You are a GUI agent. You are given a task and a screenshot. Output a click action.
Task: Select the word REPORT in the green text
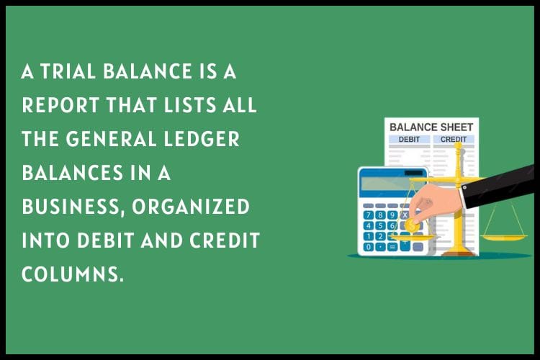coord(60,105)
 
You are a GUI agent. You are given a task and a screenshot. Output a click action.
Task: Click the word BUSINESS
coord(73,207)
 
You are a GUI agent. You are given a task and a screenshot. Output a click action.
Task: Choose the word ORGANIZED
coord(191,207)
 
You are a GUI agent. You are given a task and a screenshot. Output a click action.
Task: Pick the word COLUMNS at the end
coord(73,274)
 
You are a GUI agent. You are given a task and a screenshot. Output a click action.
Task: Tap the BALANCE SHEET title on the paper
coord(431,127)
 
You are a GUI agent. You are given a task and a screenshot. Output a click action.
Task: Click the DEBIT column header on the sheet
coord(409,140)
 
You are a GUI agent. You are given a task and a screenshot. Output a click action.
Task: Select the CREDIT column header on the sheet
coord(454,140)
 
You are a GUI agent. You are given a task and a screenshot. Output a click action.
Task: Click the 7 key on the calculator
coord(369,215)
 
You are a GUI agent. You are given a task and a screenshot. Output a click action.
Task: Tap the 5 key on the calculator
coord(380,225)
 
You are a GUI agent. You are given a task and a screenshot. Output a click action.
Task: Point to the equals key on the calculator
coord(392,247)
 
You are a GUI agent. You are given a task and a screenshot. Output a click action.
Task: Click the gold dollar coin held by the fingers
coord(412,226)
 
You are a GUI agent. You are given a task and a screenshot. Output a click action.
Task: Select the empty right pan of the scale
coord(503,237)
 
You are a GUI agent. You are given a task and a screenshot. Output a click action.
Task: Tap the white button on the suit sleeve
coord(465,187)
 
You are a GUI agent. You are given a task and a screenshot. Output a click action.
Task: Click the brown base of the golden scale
coord(459,254)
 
